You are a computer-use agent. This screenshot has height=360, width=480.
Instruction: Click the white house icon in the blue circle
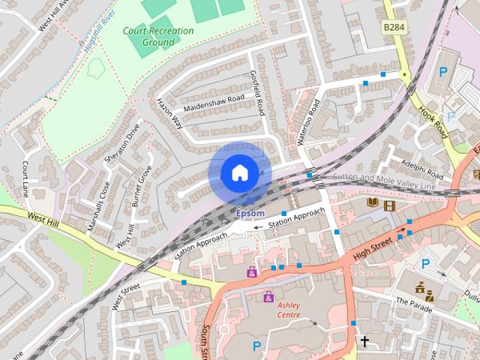239,173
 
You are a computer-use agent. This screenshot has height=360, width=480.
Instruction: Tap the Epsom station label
250,214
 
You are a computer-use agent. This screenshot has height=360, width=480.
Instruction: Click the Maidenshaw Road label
214,105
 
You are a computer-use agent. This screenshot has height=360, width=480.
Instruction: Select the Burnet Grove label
142,186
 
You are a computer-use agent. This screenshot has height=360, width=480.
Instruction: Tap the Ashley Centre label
289,310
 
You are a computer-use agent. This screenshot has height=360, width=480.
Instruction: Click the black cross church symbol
365,342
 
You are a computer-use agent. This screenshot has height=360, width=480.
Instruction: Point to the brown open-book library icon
373,203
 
